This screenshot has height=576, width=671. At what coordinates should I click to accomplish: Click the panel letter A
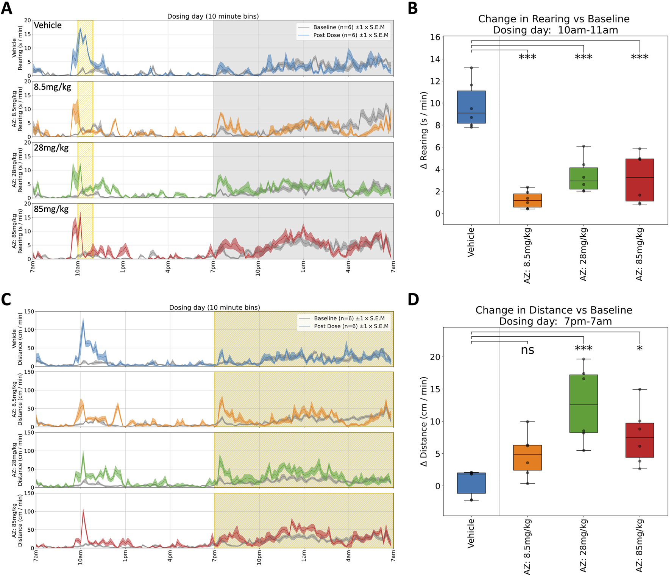6,8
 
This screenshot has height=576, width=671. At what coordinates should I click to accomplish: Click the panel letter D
414,299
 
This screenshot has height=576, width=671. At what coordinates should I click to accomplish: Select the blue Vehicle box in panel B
471,107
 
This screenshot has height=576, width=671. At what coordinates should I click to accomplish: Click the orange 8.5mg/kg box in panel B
527,200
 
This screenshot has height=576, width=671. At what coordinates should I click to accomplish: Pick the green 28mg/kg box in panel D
583,403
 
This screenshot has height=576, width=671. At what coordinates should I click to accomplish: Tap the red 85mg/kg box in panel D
639,440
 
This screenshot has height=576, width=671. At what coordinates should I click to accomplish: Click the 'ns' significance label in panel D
527,350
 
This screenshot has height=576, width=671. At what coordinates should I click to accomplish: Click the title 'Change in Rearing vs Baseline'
554,19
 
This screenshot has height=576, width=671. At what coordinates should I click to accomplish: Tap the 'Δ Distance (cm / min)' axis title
424,421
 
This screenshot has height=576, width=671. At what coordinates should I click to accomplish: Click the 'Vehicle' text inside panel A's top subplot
48,25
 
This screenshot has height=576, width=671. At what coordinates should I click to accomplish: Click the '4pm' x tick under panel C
170,556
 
